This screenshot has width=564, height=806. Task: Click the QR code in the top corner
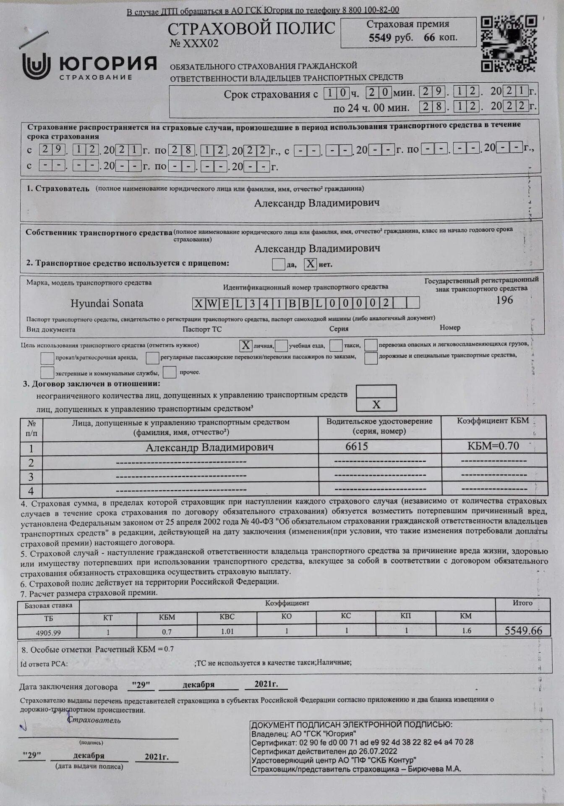(509, 44)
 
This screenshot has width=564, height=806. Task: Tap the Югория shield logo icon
(36, 66)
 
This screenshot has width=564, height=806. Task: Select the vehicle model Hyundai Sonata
(107, 304)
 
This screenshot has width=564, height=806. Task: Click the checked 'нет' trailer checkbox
(311, 264)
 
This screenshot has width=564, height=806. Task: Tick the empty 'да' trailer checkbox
(278, 264)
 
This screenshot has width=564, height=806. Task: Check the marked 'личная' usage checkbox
(245, 345)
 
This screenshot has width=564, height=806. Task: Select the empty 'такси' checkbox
(336, 345)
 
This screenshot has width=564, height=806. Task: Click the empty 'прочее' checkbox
(170, 372)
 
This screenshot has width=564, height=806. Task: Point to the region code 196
(504, 300)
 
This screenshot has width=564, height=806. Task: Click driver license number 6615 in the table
(357, 446)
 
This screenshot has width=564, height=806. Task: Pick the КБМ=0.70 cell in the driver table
(493, 446)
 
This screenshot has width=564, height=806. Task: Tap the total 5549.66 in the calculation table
(523, 631)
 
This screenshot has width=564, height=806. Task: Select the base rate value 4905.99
(49, 633)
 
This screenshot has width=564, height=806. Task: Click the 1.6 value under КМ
(466, 631)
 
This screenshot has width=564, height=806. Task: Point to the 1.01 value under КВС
(227, 631)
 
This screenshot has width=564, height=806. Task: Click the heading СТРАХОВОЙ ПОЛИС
(251, 29)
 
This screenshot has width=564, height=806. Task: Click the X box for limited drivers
(376, 404)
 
